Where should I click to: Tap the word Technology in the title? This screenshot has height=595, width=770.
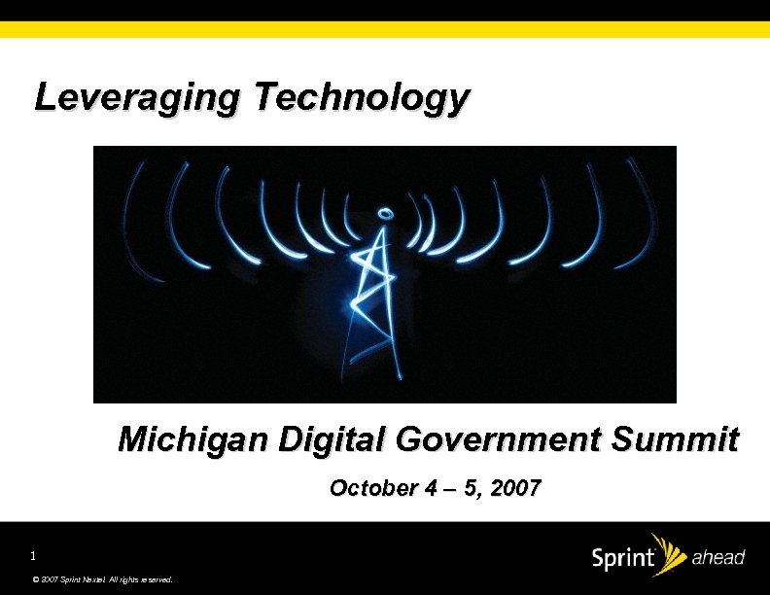362,98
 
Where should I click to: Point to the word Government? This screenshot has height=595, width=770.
494,440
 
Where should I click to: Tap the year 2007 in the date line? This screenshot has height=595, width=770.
516,488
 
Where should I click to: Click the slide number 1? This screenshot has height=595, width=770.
32,556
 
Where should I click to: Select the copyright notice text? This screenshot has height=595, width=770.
102,579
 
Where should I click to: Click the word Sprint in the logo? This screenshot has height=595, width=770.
622,559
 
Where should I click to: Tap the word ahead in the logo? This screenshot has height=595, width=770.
717,558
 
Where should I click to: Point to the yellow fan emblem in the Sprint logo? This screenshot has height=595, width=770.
668,550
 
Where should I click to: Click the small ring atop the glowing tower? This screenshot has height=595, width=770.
385,212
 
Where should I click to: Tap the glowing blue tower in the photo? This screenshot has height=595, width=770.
371,292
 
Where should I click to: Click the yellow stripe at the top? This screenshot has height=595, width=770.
385,29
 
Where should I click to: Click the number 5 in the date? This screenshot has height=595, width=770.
471,488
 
